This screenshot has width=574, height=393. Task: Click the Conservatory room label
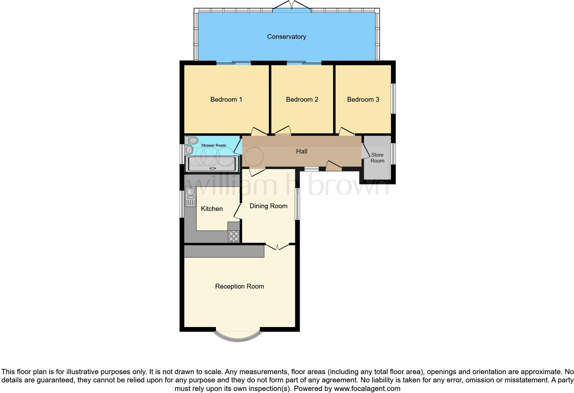pyautogui.click(x=286, y=37)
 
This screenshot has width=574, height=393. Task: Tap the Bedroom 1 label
pyautogui.click(x=226, y=100)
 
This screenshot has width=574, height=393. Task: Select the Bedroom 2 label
pyautogui.click(x=302, y=100)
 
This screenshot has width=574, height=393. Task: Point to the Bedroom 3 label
pyautogui.click(x=363, y=100)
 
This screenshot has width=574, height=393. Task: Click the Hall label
pyautogui.click(x=301, y=151)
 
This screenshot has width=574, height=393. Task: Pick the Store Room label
pyautogui.click(x=377, y=158)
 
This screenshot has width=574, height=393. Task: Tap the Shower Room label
pyautogui.click(x=214, y=145)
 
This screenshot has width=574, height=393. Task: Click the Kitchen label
pyautogui.click(x=211, y=209)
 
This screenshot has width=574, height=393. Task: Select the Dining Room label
pyautogui.click(x=268, y=206)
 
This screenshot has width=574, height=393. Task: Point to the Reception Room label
pyautogui.click(x=239, y=287)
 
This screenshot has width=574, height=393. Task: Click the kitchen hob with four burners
pyautogui.click(x=234, y=236)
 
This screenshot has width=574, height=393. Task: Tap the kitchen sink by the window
pyautogui.click(x=190, y=196)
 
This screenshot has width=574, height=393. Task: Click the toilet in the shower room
pyautogui.click(x=192, y=140)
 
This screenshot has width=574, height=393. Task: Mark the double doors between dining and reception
pyautogui.click(x=277, y=246)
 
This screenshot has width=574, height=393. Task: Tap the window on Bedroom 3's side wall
pyautogui.click(x=393, y=99)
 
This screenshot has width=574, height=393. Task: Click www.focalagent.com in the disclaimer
pyautogui.click(x=367, y=389)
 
